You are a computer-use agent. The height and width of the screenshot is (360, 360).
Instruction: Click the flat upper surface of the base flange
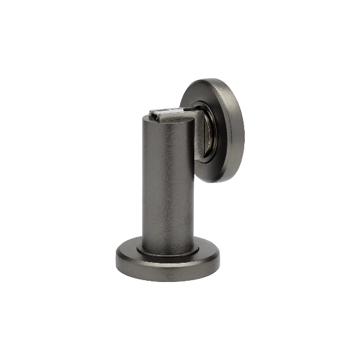[129, 252]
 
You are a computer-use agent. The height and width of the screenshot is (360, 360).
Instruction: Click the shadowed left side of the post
[146, 180]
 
